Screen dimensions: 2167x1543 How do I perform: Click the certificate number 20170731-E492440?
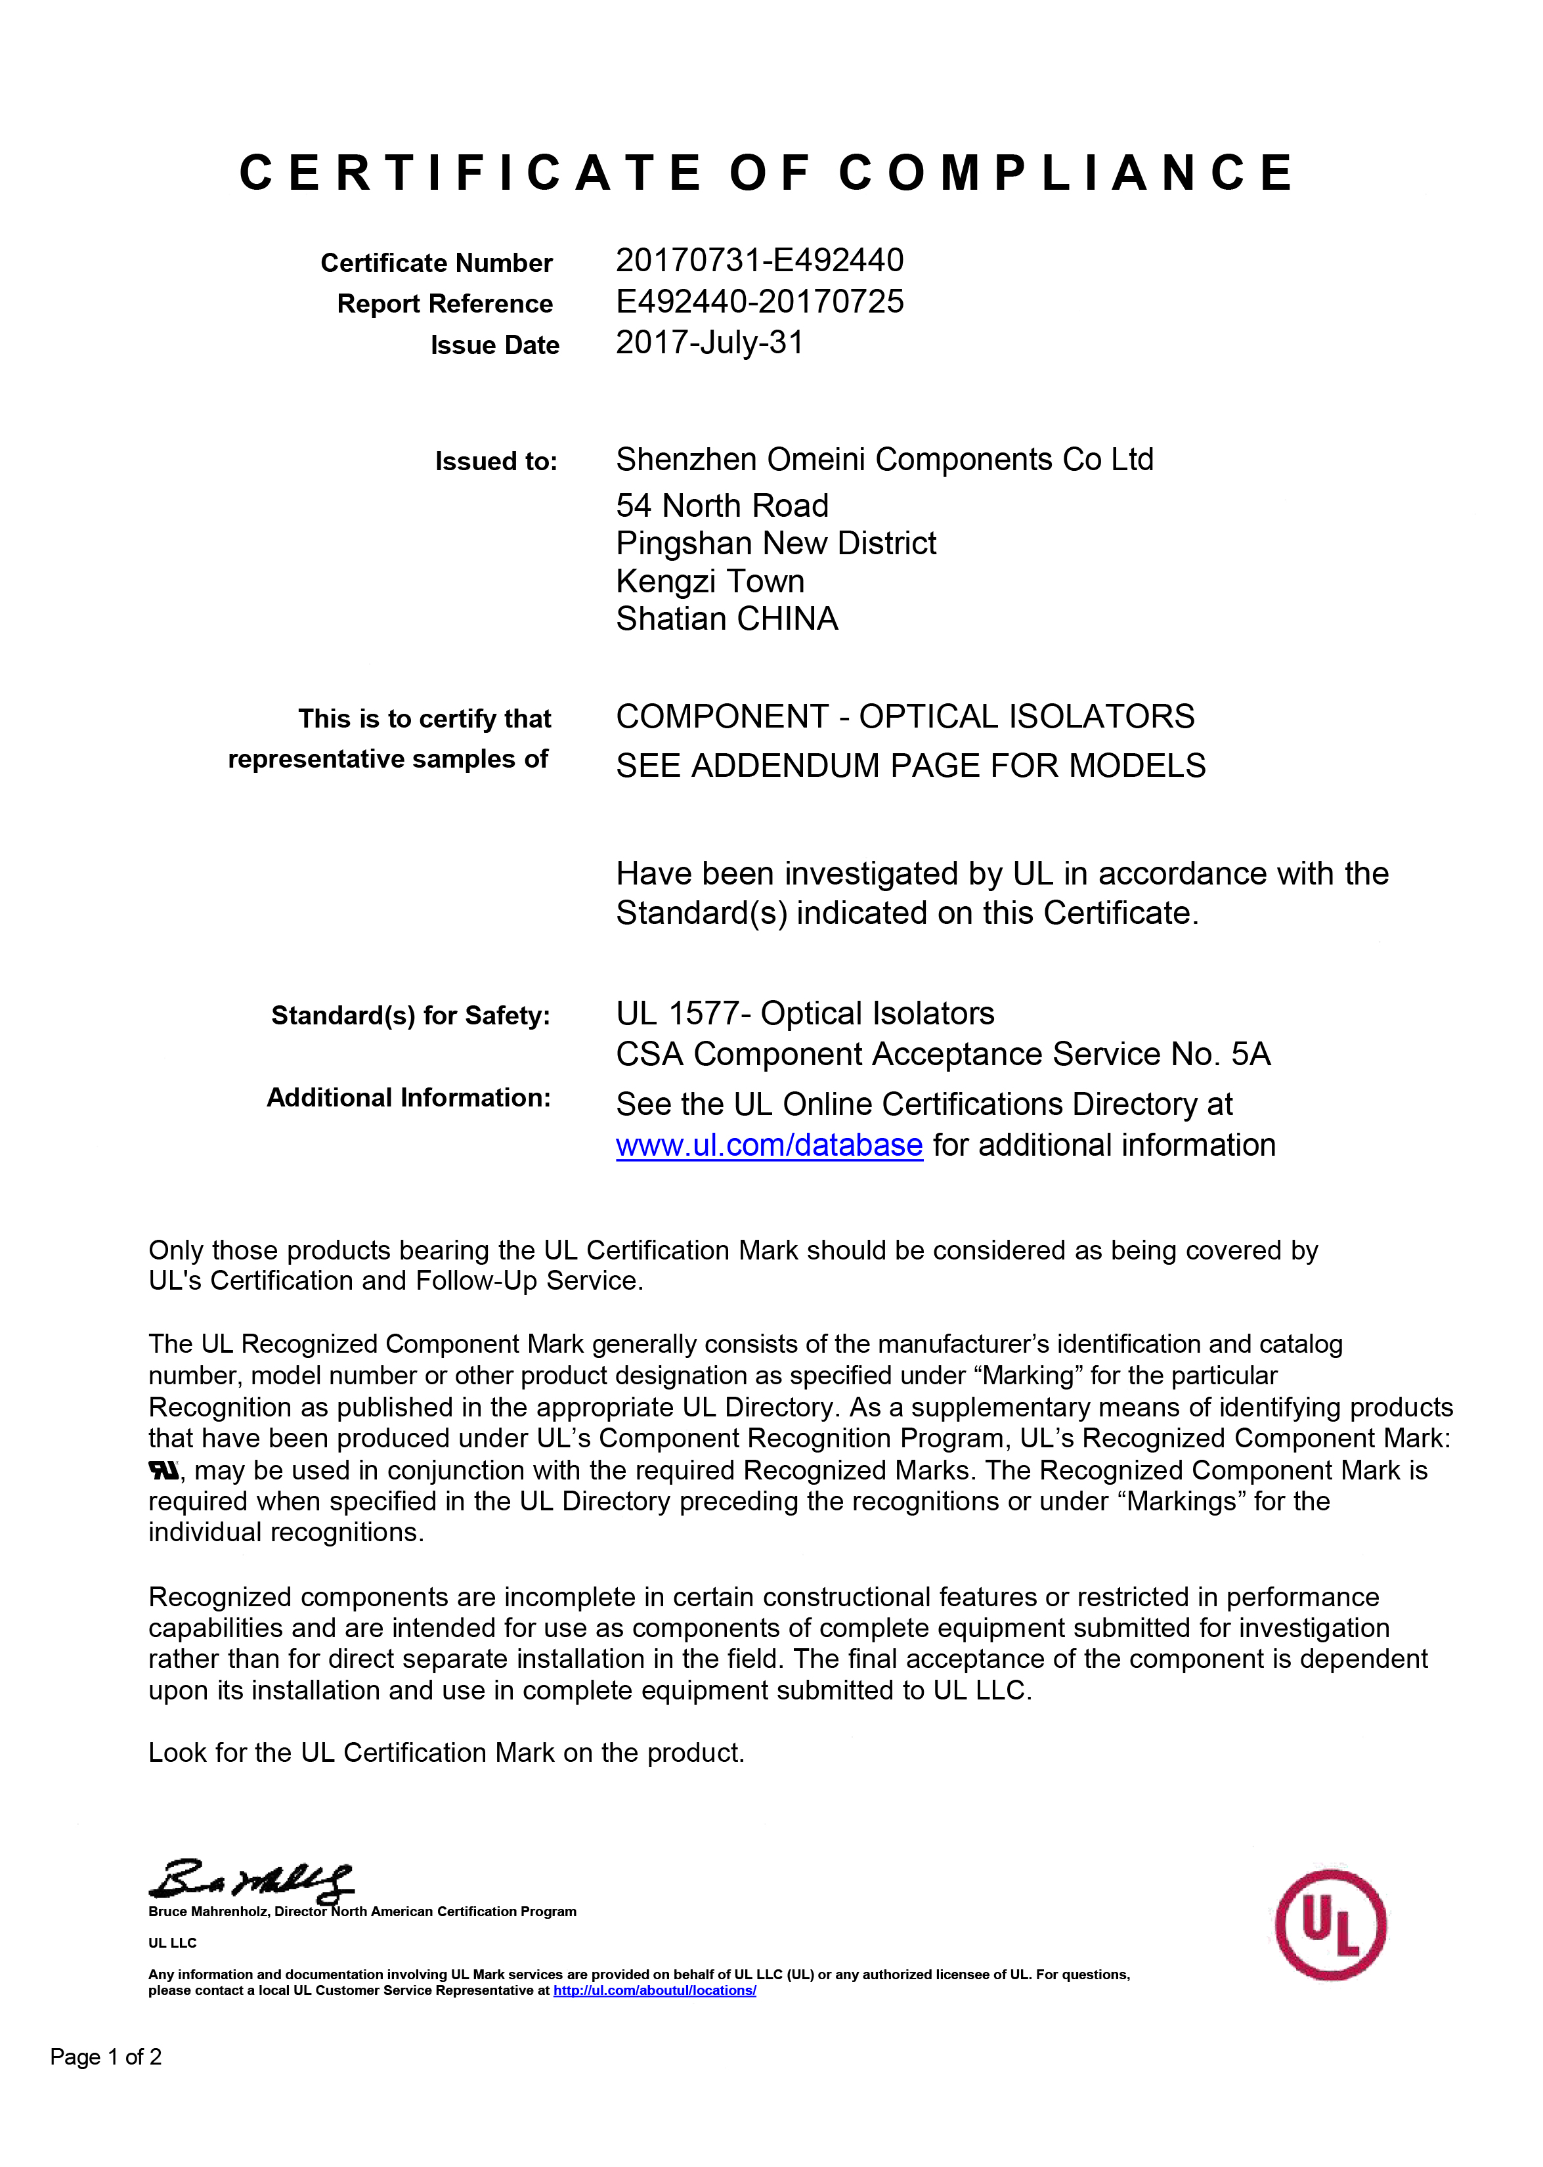(759, 260)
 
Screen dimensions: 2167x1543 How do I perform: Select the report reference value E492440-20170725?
(759, 302)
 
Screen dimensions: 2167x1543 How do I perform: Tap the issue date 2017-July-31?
(708, 343)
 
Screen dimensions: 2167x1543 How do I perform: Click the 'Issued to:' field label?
(496, 462)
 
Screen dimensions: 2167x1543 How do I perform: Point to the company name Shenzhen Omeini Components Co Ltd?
(884, 460)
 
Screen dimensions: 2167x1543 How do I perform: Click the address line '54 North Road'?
(722, 506)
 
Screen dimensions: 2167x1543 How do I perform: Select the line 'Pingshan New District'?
(775, 544)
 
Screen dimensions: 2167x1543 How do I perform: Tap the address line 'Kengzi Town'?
(710, 581)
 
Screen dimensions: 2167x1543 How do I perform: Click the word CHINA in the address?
(788, 619)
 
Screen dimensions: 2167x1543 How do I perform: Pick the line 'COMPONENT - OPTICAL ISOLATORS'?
(905, 716)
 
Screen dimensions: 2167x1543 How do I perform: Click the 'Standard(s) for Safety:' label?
(410, 1016)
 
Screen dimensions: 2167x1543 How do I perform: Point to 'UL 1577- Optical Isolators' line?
(805, 1014)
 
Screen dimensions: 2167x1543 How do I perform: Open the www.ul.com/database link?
(769, 1146)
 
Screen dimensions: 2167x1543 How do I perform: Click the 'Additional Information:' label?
(408, 1098)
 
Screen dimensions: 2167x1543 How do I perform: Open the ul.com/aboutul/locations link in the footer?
(655, 1990)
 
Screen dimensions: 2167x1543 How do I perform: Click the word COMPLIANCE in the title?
(1066, 174)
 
